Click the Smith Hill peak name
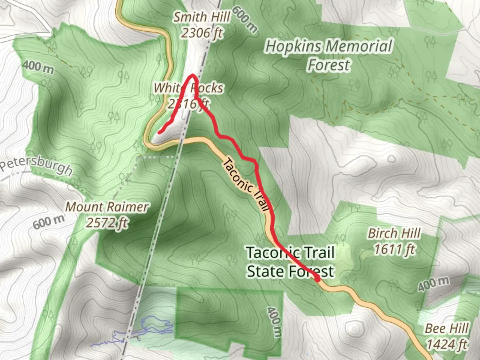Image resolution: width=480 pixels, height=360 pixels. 202,17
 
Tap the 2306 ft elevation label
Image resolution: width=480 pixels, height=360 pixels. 202,33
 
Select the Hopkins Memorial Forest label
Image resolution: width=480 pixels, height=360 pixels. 329,55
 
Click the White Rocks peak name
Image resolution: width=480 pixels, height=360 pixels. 188,88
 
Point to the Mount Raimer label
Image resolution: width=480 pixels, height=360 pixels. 107,207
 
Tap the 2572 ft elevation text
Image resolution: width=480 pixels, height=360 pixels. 107,223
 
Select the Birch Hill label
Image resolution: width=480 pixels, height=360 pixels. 394,233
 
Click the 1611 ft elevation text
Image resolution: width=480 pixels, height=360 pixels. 394,249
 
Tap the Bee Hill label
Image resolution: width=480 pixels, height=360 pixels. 447,329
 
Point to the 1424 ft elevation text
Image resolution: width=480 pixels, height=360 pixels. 447,344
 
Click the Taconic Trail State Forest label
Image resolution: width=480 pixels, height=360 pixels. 290,262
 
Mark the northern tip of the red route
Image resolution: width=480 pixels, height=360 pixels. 193,75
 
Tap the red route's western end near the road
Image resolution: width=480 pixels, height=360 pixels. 159,133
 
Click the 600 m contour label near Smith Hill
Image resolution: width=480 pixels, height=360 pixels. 245,19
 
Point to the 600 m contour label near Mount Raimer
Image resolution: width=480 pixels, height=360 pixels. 49,222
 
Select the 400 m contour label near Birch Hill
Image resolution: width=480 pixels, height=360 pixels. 433,284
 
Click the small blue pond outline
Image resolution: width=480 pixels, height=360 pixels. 157,325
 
